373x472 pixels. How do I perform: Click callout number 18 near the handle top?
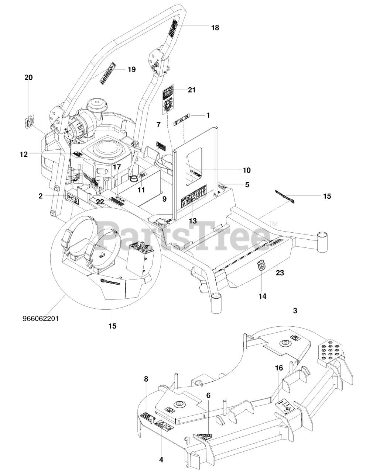[x=215, y=28]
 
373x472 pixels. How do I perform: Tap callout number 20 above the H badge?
[x=28, y=77]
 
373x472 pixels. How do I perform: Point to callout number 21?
[x=192, y=90]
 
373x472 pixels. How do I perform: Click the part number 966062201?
[x=41, y=318]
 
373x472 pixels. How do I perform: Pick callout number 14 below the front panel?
[x=262, y=296]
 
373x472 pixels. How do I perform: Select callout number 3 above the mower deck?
[x=295, y=311]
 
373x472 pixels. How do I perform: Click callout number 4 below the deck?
[x=161, y=459]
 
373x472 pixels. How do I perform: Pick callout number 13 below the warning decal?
[x=192, y=221]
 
